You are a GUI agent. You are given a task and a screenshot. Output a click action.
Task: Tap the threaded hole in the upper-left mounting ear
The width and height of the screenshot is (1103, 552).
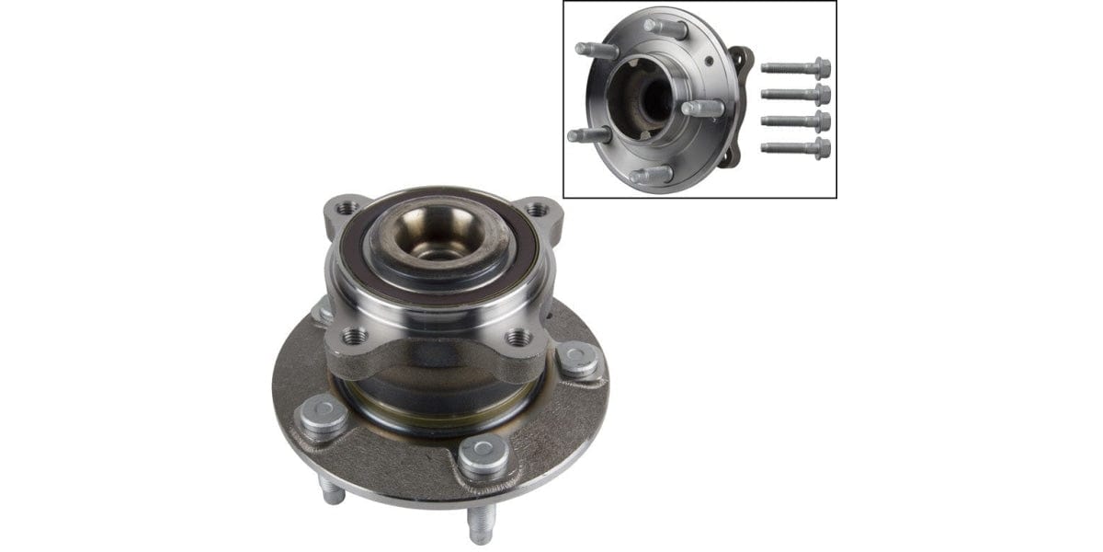click(x=347, y=210)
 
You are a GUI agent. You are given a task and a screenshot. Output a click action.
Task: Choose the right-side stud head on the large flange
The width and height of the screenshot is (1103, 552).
click(x=577, y=357)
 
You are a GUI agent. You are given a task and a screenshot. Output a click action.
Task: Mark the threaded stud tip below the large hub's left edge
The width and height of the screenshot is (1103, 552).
click(x=332, y=492)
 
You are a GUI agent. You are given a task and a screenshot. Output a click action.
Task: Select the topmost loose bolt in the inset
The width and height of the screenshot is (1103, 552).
click(x=796, y=67)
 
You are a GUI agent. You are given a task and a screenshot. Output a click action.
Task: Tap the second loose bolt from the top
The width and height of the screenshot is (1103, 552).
click(x=796, y=94)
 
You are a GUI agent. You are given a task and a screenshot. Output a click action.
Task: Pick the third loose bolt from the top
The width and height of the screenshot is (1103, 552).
click(x=796, y=121)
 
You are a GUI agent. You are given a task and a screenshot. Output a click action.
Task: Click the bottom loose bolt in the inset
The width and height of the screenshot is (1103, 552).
click(x=796, y=147)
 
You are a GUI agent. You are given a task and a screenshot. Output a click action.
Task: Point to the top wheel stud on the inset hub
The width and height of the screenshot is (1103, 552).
click(x=665, y=28)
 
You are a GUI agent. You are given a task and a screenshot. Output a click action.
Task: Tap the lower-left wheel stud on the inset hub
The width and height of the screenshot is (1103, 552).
click(x=589, y=135)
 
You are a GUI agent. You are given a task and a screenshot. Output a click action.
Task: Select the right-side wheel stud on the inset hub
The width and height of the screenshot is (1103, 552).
click(x=703, y=108)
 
